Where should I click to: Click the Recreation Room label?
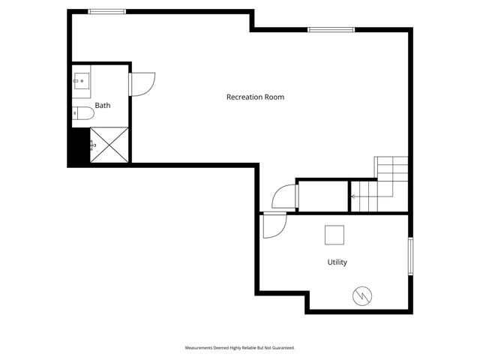click(x=255, y=97)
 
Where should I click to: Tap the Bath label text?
click(x=102, y=106)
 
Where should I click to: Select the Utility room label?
click(x=337, y=262)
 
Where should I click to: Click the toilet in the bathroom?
click(x=83, y=114)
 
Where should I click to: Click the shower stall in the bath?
click(x=109, y=145)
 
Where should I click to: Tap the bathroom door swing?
click(x=142, y=82)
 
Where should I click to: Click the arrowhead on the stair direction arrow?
click(x=353, y=197)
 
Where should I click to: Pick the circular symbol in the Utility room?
click(x=361, y=295)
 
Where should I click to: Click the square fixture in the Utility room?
click(x=334, y=235)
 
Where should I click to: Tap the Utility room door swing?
click(x=272, y=226)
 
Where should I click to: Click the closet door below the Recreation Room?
click(x=285, y=196)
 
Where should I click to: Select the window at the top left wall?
click(x=106, y=11)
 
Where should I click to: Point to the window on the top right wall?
click(x=331, y=29)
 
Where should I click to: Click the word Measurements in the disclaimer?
click(x=200, y=348)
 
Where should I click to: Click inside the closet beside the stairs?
click(x=323, y=196)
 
